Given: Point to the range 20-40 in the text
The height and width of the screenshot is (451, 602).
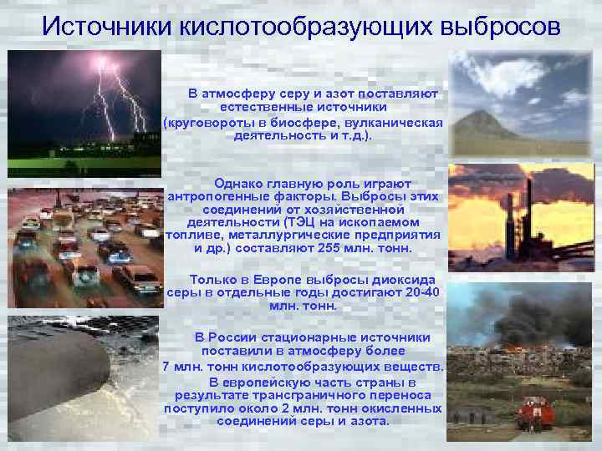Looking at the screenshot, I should tap(418, 292).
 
